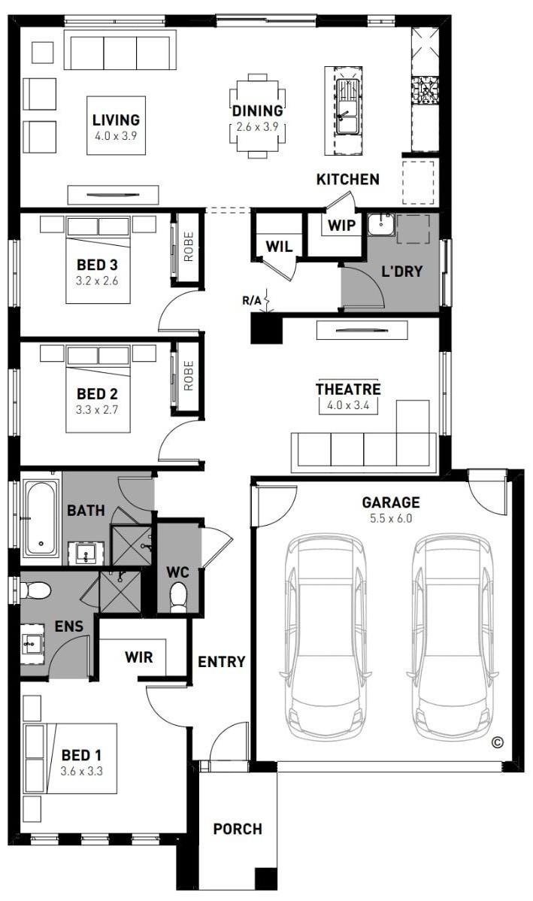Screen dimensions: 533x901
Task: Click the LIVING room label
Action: pyautogui.click(x=116, y=120)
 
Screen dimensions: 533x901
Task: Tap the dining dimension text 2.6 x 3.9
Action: pyautogui.click(x=258, y=127)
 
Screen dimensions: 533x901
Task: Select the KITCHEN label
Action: pyautogui.click(x=348, y=179)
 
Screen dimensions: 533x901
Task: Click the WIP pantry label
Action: pyautogui.click(x=342, y=226)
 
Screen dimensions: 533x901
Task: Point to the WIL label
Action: pyautogui.click(x=279, y=247)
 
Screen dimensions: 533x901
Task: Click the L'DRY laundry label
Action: pyautogui.click(x=402, y=272)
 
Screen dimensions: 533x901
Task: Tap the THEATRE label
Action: pyautogui.click(x=348, y=389)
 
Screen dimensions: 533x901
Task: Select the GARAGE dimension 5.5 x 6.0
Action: pyautogui.click(x=391, y=518)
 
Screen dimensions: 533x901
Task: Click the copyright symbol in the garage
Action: pyautogui.click(x=498, y=742)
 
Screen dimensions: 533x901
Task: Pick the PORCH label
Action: pyautogui.click(x=238, y=829)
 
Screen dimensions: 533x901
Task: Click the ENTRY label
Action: pyautogui.click(x=222, y=662)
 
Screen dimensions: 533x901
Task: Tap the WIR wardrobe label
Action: pyautogui.click(x=139, y=657)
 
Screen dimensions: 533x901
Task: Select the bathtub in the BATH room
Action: pyautogui.click(x=41, y=518)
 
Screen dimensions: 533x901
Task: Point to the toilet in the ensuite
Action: pyautogui.click(x=35, y=590)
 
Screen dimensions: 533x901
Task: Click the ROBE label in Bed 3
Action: pyautogui.click(x=189, y=247)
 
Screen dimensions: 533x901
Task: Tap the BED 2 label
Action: pyautogui.click(x=97, y=394)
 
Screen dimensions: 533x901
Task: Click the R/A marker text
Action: pyautogui.click(x=252, y=299)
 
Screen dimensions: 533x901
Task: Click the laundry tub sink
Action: pyautogui.click(x=380, y=224)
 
